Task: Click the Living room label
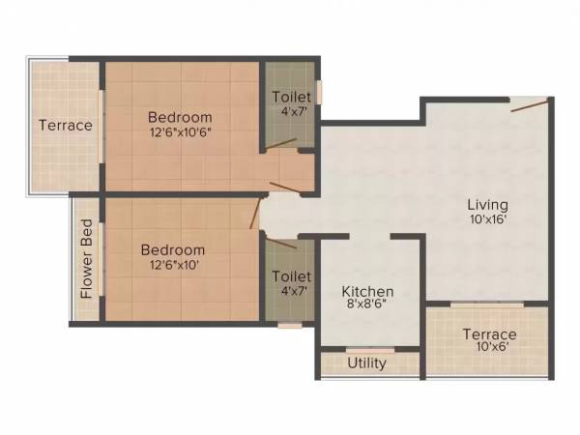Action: coord(488,205)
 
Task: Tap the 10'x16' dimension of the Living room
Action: coord(488,219)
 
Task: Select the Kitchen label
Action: coord(368,291)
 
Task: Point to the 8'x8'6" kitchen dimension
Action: coord(368,305)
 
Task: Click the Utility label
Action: coord(366,363)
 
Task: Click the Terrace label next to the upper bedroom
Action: coord(65,125)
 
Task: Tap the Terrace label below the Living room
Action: coord(488,334)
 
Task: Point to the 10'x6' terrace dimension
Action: coord(488,348)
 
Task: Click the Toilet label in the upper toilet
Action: coord(291,97)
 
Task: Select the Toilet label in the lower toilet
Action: coord(291,275)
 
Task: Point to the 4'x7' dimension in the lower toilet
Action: coord(291,289)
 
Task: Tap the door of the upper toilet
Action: coord(281,145)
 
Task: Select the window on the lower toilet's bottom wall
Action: coord(290,326)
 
